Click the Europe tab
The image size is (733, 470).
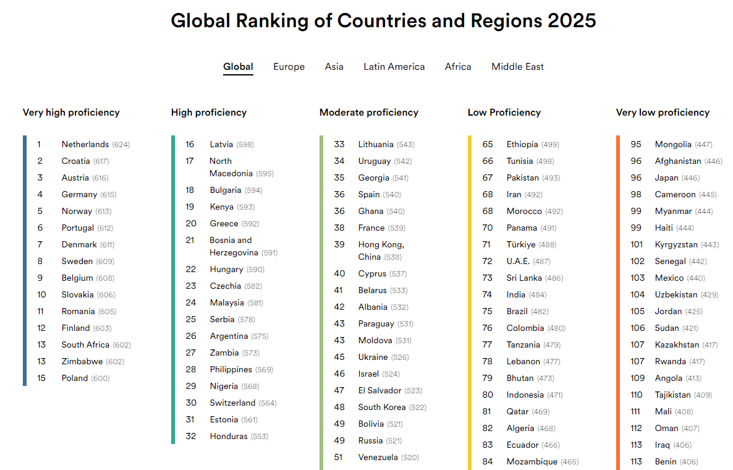coord(289,67)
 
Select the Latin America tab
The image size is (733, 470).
coord(394,67)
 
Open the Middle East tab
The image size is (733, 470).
coord(517,67)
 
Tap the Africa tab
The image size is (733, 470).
coord(458,67)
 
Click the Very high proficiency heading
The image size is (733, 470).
coord(71,113)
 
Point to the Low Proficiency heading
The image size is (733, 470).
coord(504,113)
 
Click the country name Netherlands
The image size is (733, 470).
coord(85,145)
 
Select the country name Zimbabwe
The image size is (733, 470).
coord(82,362)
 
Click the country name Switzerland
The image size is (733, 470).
coord(233,403)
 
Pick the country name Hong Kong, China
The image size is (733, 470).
coord(381,250)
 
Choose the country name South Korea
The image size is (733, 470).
coord(382,408)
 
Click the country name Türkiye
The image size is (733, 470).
coord(521,245)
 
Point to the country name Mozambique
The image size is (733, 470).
coord(532,461)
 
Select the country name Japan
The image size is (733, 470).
coord(667,178)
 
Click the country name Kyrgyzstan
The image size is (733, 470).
coord(676,245)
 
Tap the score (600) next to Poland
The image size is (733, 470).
coord(101,378)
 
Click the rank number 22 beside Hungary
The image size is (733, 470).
coord(191,270)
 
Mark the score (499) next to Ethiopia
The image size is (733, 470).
coord(550,145)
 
